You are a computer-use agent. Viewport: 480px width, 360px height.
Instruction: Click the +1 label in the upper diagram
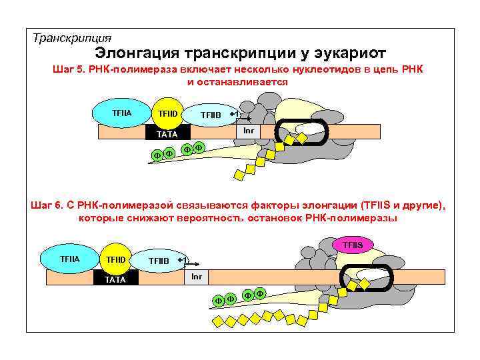[x=234, y=114]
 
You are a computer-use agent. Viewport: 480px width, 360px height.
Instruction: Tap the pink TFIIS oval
[x=353, y=245]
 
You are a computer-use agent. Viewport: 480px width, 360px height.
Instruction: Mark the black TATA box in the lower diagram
[x=115, y=279]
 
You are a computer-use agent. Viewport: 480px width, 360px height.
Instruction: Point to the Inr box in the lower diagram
[x=197, y=276]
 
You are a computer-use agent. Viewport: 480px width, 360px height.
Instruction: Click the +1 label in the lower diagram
[x=182, y=259]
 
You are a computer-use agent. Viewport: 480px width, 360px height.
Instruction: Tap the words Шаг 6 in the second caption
[x=45, y=206]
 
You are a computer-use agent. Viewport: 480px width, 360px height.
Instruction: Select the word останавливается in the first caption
[x=247, y=82]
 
